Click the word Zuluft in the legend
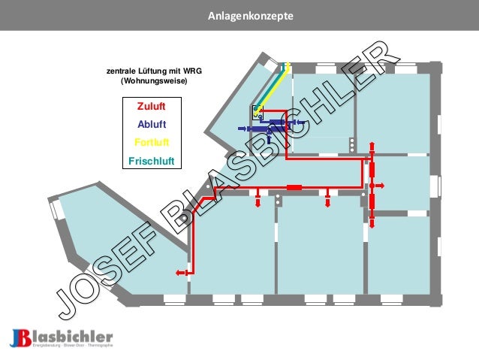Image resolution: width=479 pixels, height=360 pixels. pos(152,107)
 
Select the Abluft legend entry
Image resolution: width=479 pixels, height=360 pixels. pos(152,125)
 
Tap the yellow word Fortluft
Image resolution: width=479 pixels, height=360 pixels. pos(152,142)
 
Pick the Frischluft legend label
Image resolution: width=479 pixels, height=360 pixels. pos(152,160)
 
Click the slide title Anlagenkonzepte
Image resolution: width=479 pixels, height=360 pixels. pos(239,16)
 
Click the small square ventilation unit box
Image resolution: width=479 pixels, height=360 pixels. pos(258,112)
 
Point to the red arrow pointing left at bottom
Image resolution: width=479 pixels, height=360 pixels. pos(180,274)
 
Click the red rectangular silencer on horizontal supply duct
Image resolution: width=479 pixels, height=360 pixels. pos(294,186)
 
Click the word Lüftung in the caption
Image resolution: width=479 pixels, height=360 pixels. pos(155,71)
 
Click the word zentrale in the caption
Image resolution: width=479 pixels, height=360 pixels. pos(122,71)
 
